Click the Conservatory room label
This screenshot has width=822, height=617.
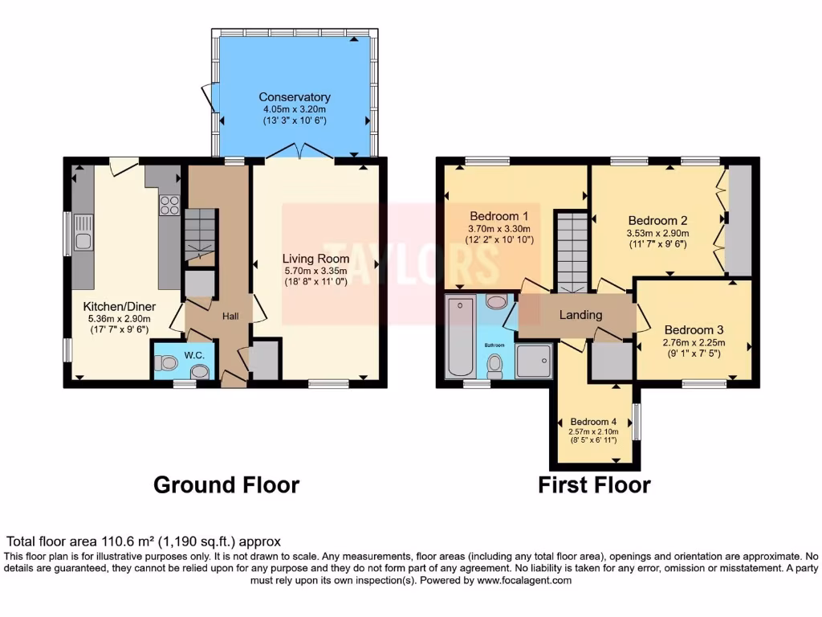pos(295,97)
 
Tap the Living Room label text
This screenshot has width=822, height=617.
pos(315,259)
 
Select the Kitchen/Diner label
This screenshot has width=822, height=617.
pos(120,307)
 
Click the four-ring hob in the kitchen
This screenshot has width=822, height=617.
pos(169,206)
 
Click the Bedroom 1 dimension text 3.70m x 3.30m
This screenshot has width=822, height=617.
pos(498,228)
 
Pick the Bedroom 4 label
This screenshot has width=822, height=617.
pos(593,422)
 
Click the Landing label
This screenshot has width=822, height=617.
pos(580,315)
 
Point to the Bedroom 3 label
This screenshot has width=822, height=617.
pos(694,329)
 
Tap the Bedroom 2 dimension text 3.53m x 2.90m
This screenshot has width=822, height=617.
pos(657,234)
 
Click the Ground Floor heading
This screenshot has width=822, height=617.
pos(226,485)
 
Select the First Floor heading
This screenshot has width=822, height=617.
pos(594,485)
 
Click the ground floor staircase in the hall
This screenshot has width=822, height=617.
pos(199,235)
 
